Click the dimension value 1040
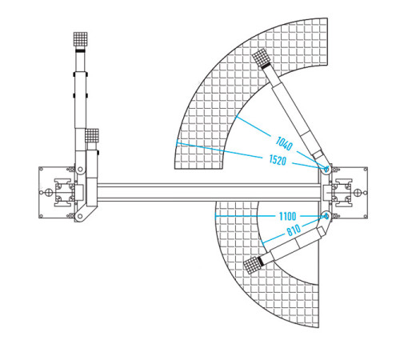pyautogui.click(x=284, y=143)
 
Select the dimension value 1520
pyautogui.click(x=278, y=160)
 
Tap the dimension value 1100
pyautogui.click(x=287, y=216)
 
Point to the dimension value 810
pyautogui.click(x=294, y=230)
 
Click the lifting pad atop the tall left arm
pyautogui.click(x=80, y=39)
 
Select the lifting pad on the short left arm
pyautogui.click(x=92, y=135)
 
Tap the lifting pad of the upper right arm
pyautogui.click(x=260, y=57)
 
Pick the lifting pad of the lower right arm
pyautogui.click(x=252, y=265)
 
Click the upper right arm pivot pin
pyautogui.click(x=326, y=169)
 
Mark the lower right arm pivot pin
pyautogui.click(x=326, y=216)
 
